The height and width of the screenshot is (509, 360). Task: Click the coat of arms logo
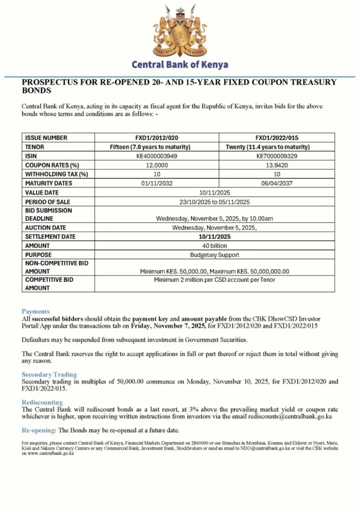pyautogui.click(x=180, y=30)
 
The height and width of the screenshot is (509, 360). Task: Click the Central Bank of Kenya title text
pyautogui.click(x=180, y=65)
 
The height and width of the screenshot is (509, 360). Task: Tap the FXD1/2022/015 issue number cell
pyautogui.click(x=276, y=138)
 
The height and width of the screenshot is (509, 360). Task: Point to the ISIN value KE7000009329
pyautogui.click(x=276, y=156)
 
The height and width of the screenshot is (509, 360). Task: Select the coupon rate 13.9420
pyautogui.click(x=276, y=165)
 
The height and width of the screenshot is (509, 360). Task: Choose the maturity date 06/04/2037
pyautogui.click(x=276, y=183)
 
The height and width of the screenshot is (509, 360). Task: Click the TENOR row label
pyautogui.click(x=35, y=147)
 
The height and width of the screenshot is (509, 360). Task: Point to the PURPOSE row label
pyautogui.click(x=38, y=254)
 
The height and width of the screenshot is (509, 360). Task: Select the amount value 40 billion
pyautogui.click(x=214, y=246)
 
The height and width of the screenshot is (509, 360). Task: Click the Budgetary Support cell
pyautogui.click(x=214, y=254)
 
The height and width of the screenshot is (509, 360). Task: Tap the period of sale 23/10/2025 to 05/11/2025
pyautogui.click(x=214, y=202)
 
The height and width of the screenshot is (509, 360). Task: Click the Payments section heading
pyautogui.click(x=35, y=311)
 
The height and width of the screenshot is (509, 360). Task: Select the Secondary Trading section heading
pyautogui.click(x=49, y=374)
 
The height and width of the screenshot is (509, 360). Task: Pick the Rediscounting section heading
pyautogui.click(x=42, y=402)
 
